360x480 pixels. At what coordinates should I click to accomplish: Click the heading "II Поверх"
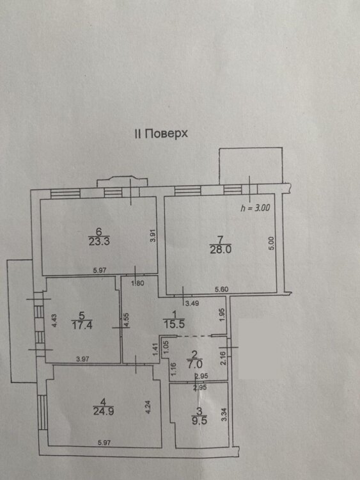click(161, 134)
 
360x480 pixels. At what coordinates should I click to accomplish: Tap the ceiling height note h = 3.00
click(255, 207)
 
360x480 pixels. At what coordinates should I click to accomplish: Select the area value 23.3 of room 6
click(99, 242)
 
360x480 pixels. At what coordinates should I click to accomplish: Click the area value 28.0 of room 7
click(221, 250)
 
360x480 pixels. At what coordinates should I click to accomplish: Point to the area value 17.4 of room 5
click(82, 324)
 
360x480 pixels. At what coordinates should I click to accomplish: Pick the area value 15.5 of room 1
click(174, 324)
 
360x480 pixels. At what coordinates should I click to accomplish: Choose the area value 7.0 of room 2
click(194, 365)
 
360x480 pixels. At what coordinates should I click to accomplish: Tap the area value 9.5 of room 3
click(199, 420)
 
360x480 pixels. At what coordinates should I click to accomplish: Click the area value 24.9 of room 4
click(104, 411)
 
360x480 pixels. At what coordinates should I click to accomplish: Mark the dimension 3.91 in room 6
click(153, 236)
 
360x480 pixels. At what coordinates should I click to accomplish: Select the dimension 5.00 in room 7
click(271, 243)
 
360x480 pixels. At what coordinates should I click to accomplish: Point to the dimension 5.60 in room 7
click(221, 289)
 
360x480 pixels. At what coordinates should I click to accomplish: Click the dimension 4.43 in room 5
click(54, 321)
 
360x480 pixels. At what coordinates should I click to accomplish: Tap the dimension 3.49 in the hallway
click(192, 303)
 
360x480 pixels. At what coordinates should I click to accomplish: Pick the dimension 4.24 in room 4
click(148, 407)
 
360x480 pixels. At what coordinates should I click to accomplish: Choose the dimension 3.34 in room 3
click(224, 414)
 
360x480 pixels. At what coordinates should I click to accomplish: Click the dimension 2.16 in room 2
click(223, 358)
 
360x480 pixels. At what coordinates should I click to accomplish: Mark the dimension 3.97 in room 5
click(82, 359)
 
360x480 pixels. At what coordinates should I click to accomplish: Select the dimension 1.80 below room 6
click(137, 283)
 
